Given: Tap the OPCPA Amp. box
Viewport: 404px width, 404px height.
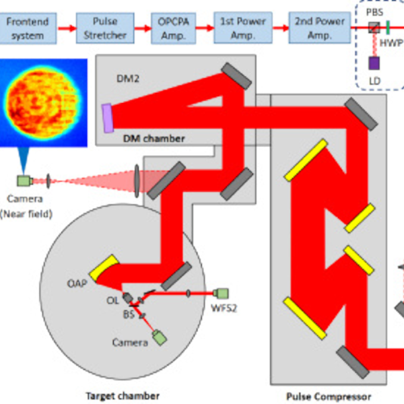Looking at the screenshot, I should (x=173, y=28).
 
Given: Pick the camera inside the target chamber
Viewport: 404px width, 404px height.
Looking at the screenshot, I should (x=159, y=337).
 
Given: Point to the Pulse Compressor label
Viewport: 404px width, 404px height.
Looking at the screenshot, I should (x=328, y=397).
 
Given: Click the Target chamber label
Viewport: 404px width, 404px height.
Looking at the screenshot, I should (x=123, y=395).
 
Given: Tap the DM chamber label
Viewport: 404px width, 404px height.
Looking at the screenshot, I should (x=154, y=138).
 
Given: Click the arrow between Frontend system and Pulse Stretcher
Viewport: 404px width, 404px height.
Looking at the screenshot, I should (x=63, y=28).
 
